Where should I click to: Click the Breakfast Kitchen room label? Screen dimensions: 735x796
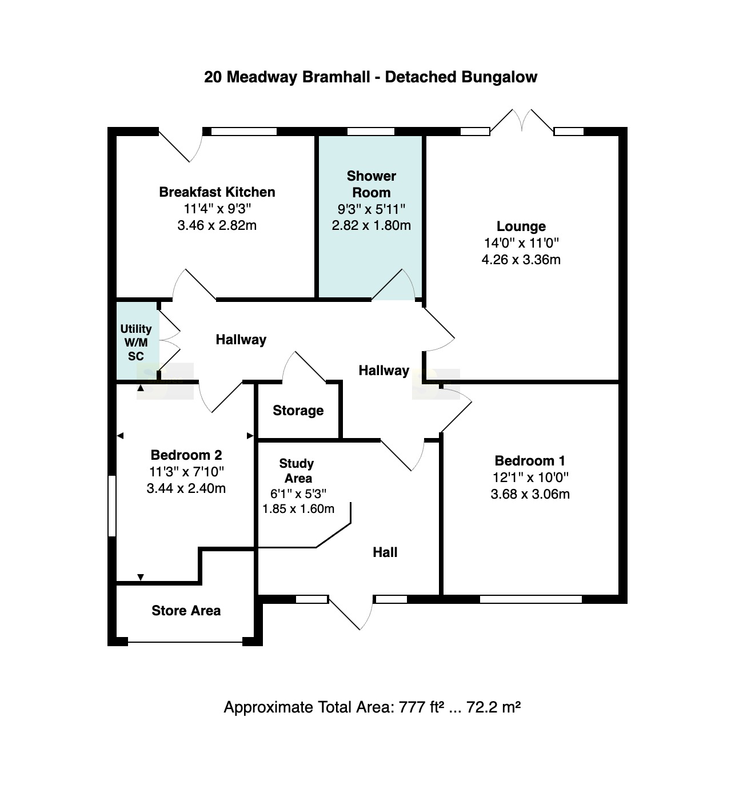click(x=217, y=192)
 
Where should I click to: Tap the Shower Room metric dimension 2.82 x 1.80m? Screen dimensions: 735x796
click(x=371, y=225)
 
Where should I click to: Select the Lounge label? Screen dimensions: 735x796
click(x=521, y=226)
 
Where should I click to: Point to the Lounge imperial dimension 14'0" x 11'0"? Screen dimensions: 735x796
click(x=521, y=243)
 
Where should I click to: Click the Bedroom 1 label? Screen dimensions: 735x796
click(x=530, y=461)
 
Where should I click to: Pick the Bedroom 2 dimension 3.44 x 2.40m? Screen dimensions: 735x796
click(x=186, y=488)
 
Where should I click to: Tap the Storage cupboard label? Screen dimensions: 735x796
click(x=298, y=411)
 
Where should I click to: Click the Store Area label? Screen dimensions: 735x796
click(x=186, y=610)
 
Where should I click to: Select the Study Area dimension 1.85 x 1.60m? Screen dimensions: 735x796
click(x=298, y=508)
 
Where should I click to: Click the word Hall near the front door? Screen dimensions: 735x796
click(x=385, y=552)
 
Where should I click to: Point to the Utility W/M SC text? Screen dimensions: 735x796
click(x=136, y=343)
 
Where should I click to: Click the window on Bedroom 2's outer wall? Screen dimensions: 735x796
click(x=112, y=506)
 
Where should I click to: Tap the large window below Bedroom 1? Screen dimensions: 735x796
click(x=530, y=600)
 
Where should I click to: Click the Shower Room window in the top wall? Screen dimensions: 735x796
click(x=371, y=132)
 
